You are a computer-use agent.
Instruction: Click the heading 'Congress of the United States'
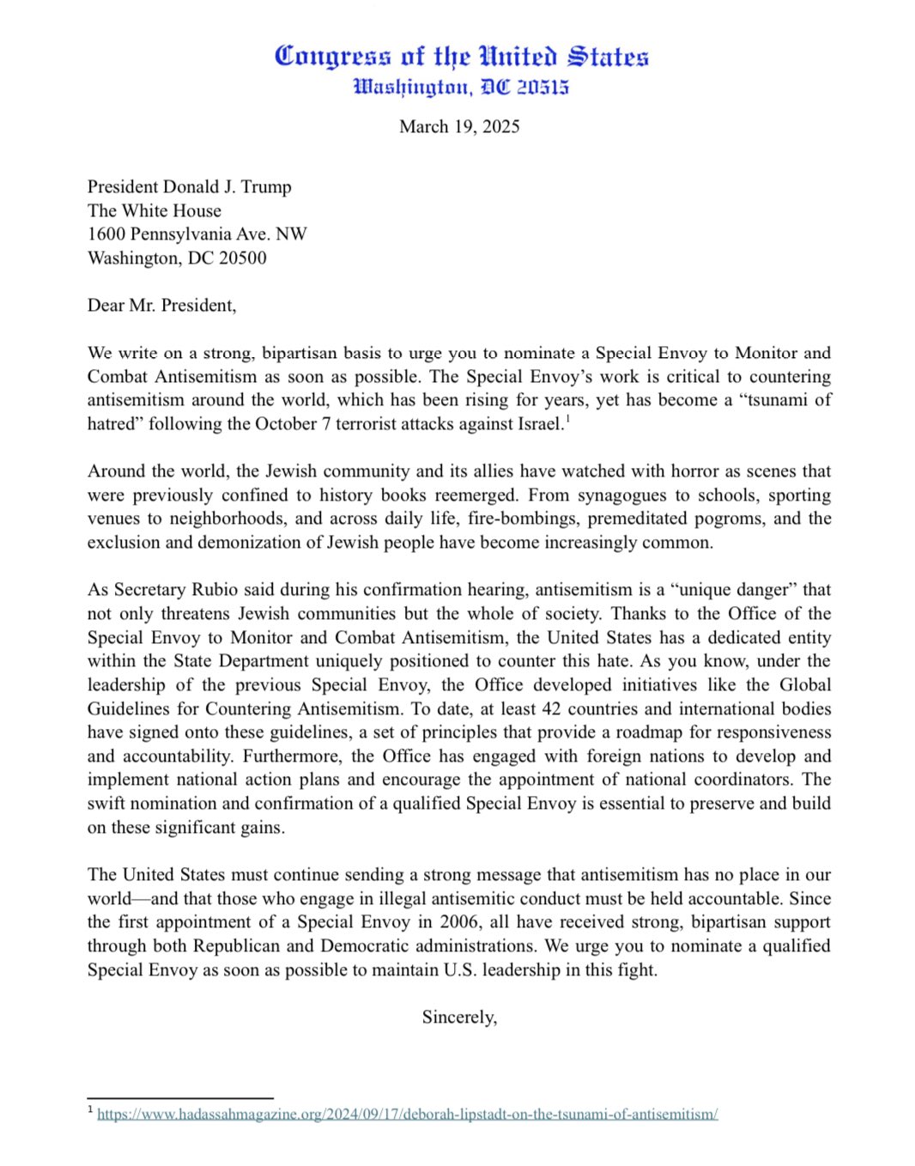[x=461, y=57]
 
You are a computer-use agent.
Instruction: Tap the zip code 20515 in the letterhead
[x=542, y=88]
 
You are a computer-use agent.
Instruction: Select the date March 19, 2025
[x=459, y=127]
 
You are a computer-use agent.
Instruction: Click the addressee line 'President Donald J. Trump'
[x=189, y=187]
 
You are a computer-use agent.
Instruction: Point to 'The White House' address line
[x=155, y=211]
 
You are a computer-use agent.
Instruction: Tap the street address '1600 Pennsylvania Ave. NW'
[x=197, y=234]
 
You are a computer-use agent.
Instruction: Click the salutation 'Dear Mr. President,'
[x=161, y=306]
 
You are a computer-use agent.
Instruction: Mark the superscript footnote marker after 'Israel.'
[x=567, y=419]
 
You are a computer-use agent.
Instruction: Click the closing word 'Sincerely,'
[x=459, y=1017]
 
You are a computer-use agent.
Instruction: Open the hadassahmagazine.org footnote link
[x=407, y=1114]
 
